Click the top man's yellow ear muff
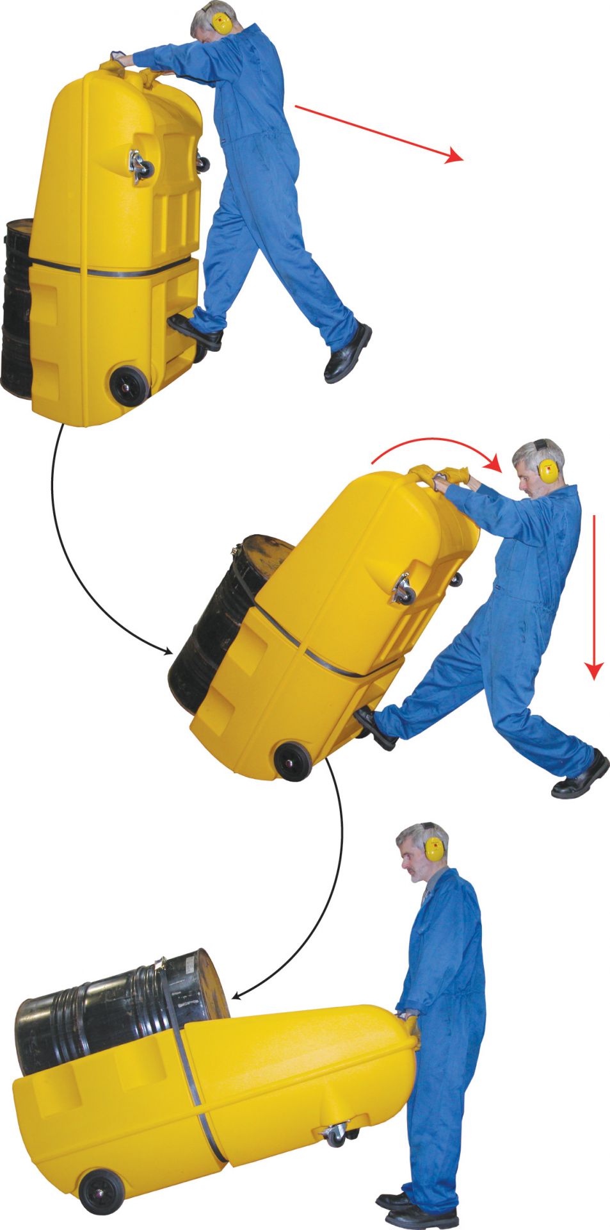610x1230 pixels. pos(222,24)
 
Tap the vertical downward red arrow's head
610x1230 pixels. pos(595,670)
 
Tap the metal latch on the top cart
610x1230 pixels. pos(140,165)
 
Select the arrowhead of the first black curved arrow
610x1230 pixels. pos(169,652)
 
